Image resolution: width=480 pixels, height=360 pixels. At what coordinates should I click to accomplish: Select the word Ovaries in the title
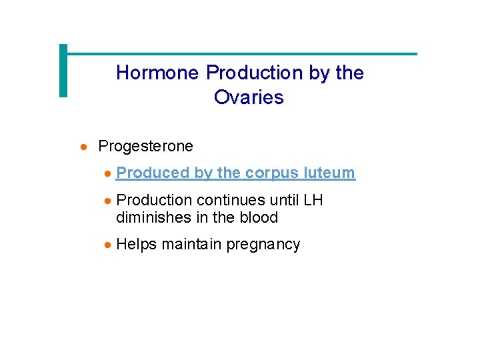pyautogui.click(x=249, y=98)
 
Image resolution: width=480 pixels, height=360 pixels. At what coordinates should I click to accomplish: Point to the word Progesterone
pyautogui.click(x=145, y=146)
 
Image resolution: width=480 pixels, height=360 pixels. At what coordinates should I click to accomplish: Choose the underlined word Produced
pyautogui.click(x=153, y=173)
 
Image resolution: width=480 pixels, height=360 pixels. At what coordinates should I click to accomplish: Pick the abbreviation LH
pyautogui.click(x=313, y=200)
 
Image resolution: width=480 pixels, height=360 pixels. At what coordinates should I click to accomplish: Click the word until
pyautogui.click(x=284, y=200)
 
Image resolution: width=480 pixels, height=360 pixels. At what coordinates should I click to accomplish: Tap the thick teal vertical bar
pyautogui.click(x=63, y=71)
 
